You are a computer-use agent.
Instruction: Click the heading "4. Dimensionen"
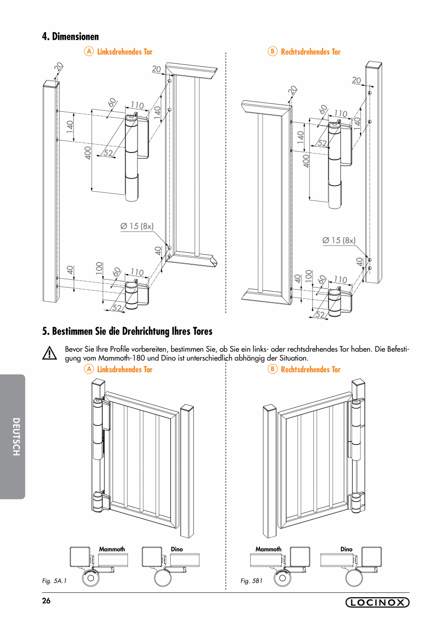[70, 37]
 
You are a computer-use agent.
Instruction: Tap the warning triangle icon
[49, 353]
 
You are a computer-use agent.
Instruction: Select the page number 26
[46, 601]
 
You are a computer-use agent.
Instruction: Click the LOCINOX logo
[377, 603]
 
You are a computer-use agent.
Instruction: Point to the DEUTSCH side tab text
[16, 436]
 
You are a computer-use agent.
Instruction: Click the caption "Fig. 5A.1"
[54, 581]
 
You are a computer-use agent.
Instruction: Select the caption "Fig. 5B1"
[252, 581]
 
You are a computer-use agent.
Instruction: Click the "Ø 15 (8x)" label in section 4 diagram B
[339, 240]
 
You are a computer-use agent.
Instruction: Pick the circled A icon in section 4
[89, 51]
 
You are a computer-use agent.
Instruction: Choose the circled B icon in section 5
[272, 369]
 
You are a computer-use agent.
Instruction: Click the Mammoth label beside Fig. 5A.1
[112, 549]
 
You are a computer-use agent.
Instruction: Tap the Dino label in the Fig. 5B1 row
[346, 549]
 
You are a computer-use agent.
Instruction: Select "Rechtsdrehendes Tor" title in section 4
[311, 51]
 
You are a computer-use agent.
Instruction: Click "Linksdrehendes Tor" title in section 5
[125, 369]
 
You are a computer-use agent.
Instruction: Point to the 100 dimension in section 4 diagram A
[99, 268]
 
